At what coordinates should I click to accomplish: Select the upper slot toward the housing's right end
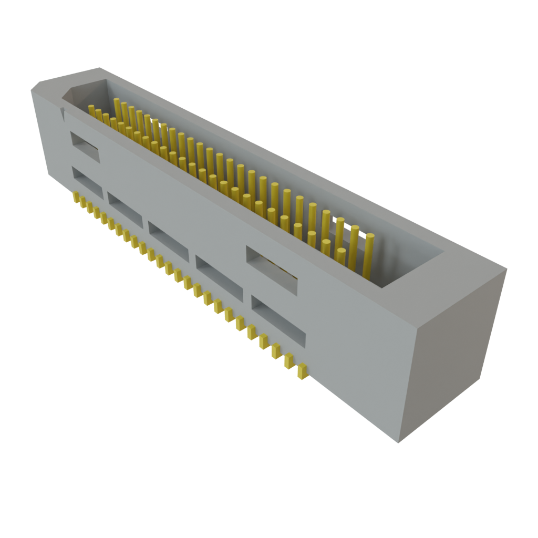(271, 269)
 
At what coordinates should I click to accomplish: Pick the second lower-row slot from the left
(125, 209)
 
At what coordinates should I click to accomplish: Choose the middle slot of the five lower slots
(168, 241)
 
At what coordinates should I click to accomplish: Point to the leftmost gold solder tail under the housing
(76, 198)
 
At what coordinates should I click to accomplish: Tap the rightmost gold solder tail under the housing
(302, 371)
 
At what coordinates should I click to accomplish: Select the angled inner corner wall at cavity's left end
(74, 95)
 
